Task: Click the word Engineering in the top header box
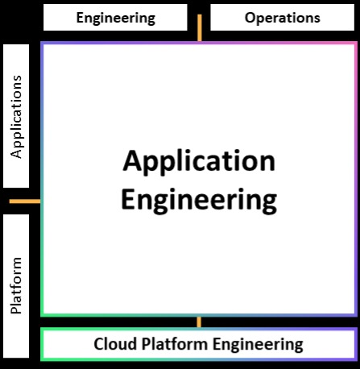point(116,19)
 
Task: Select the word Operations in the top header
point(283,18)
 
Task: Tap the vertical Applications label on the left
point(16,117)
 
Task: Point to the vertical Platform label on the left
point(16,285)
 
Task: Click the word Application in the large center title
point(199,162)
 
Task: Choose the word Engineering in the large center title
point(199,201)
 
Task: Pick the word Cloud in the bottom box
point(115,344)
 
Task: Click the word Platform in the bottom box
point(176,344)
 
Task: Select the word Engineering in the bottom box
point(258,345)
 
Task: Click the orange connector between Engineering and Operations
point(200,27)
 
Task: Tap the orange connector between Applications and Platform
point(25,201)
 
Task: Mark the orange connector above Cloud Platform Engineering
point(199,322)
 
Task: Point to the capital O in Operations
point(250,18)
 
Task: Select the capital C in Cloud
point(98,344)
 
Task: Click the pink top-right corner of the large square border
point(356,43)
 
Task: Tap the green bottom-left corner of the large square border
point(42,315)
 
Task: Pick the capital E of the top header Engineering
point(80,18)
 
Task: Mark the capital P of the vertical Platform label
point(16,309)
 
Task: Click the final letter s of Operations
point(317,19)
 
